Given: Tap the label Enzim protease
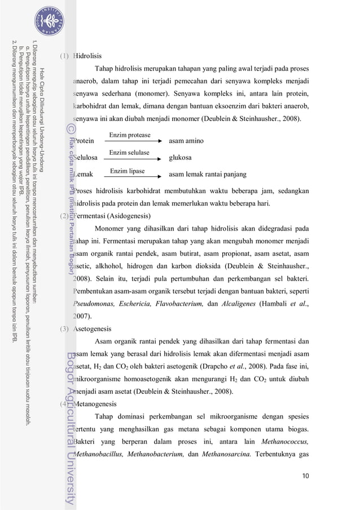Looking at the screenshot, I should pyautogui.click(x=130, y=136).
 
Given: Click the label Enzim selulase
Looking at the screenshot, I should pyautogui.click(x=129, y=153).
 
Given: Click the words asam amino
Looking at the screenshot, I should pyautogui.click(x=186, y=141).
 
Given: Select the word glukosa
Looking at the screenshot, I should pyautogui.click(x=181, y=158).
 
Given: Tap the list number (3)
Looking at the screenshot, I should pyautogui.click(x=65, y=329).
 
